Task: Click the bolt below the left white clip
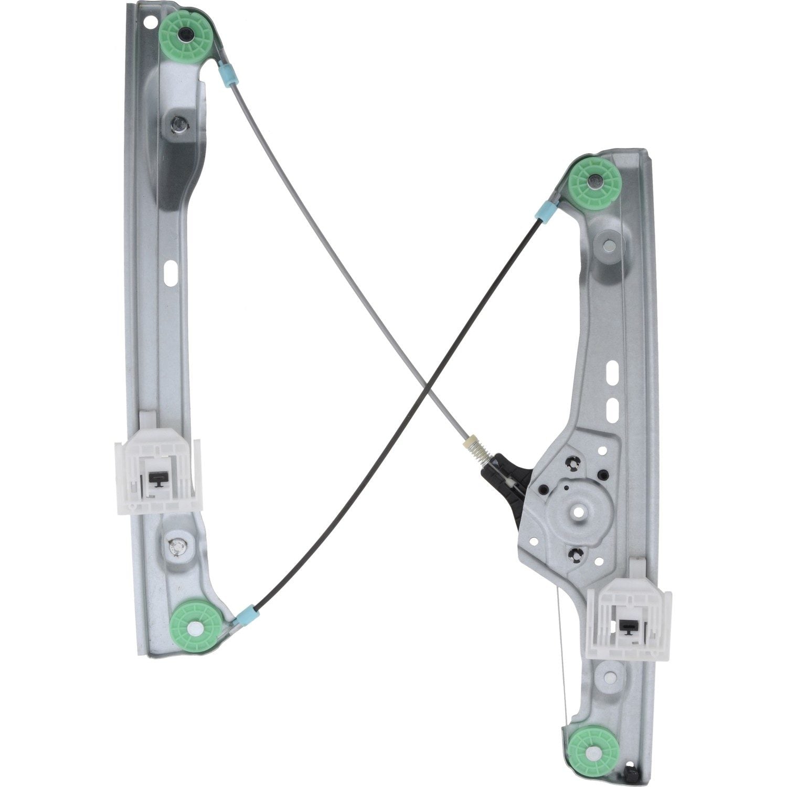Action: (177, 548)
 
